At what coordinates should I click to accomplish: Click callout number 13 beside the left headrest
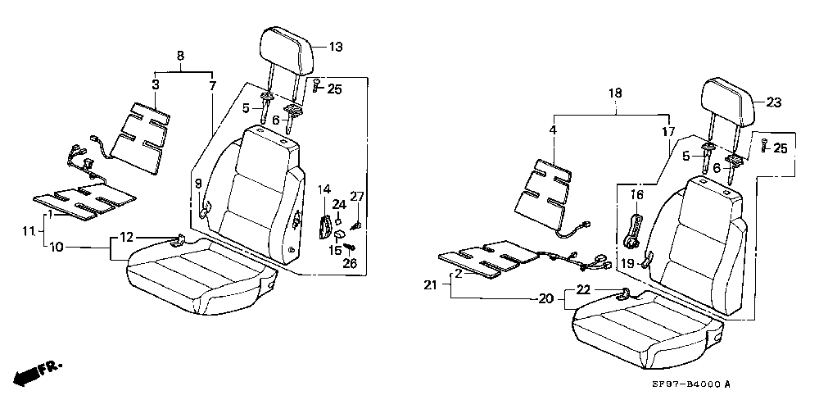click(x=336, y=47)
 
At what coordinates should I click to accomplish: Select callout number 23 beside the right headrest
click(x=774, y=103)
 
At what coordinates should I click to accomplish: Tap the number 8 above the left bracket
click(x=181, y=56)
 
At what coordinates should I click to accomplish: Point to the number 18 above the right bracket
click(x=616, y=93)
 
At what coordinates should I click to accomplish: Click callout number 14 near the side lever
click(x=324, y=189)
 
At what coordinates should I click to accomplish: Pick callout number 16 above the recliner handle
click(x=637, y=196)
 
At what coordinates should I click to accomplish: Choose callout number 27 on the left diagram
click(x=357, y=197)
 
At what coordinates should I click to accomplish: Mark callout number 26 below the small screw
click(x=350, y=263)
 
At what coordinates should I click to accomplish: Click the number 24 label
click(x=340, y=204)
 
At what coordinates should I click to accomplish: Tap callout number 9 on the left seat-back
click(x=198, y=184)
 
